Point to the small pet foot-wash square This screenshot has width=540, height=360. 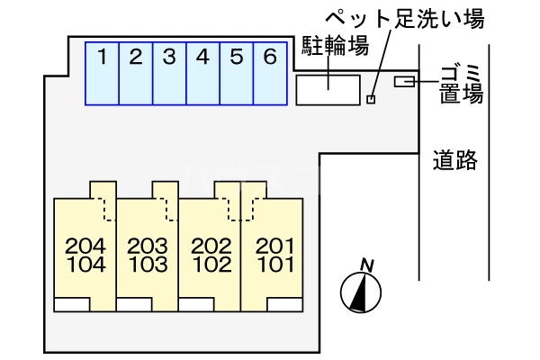click(x=371, y=99)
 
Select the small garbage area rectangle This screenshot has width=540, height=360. click(x=404, y=83)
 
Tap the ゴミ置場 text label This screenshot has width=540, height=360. click(x=462, y=83)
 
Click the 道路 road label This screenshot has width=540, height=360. click(x=454, y=162)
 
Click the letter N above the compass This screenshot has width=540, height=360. click(x=366, y=264)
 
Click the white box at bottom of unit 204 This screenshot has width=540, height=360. click(x=72, y=303)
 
